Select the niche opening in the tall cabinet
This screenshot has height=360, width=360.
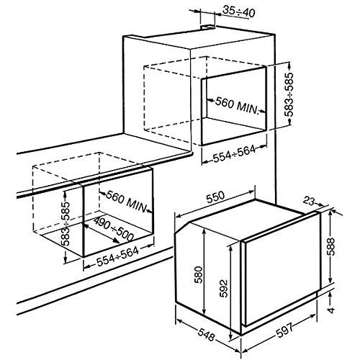click(x=234, y=108)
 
